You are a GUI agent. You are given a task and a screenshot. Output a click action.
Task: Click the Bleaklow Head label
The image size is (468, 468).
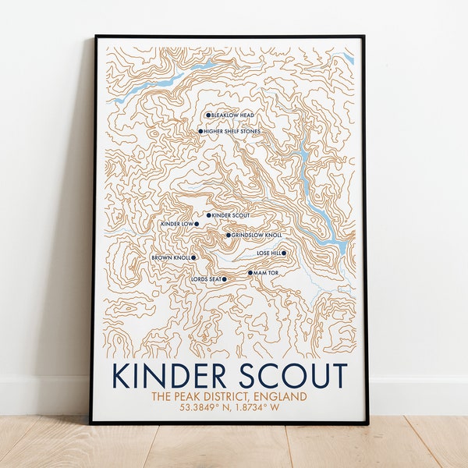click(233, 115)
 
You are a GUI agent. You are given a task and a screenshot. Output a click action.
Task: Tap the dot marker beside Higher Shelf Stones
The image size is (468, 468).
click(200, 131)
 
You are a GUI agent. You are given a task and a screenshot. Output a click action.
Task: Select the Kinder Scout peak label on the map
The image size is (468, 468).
click(231, 214)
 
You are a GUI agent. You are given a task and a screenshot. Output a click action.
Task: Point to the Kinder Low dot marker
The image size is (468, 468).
click(197, 224)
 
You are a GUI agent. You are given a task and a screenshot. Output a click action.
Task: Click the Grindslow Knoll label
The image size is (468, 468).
click(257, 235)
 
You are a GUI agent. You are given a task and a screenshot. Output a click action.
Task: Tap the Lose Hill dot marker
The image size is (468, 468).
click(284, 253)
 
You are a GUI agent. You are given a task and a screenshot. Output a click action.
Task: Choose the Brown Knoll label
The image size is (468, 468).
click(170, 257)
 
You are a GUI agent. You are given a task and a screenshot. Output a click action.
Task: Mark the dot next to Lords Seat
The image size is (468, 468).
click(225, 278)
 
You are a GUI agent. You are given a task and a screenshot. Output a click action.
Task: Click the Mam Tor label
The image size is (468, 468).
click(266, 273)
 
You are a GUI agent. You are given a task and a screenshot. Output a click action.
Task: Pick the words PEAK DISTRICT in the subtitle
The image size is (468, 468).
click(207, 397)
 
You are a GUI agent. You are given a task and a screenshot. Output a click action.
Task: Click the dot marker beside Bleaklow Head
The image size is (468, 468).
click(208, 115)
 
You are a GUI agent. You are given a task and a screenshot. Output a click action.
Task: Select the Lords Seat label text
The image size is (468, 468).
click(205, 278)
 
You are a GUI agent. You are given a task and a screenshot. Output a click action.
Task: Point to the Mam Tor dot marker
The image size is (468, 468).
click(250, 273)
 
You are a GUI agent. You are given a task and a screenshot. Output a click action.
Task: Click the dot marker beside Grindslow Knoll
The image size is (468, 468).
click(229, 235)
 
